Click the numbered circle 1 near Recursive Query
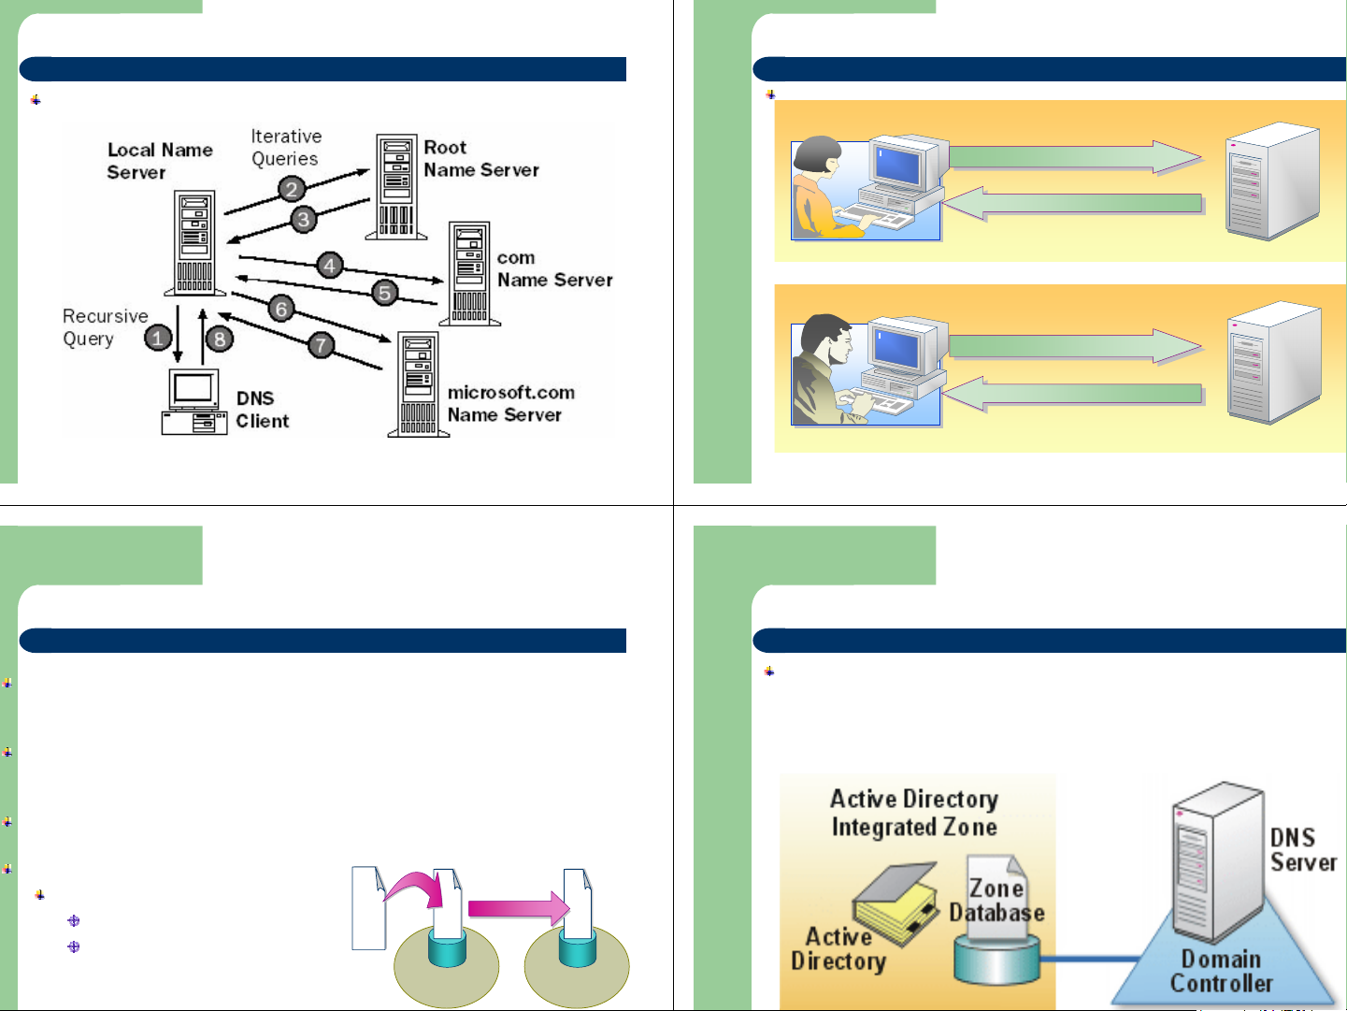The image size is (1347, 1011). pos(158,338)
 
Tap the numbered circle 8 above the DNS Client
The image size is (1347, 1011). pos(220,338)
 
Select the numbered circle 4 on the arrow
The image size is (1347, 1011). pos(329,266)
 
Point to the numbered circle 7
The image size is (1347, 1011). pos(321,345)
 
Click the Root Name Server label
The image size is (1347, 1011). pos(480,159)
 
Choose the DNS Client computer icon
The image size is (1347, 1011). pos(193,402)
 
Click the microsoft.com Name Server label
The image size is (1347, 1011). pos(510,404)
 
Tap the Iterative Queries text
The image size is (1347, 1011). pos(285,148)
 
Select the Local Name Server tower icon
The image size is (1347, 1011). pos(195,242)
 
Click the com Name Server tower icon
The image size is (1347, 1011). pos(470,273)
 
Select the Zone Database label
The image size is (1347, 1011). pos(996,900)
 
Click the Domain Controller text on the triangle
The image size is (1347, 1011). pos(1221,971)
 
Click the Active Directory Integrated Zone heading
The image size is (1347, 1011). pos(913,813)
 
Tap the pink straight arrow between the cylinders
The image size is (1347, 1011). pos(518,908)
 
